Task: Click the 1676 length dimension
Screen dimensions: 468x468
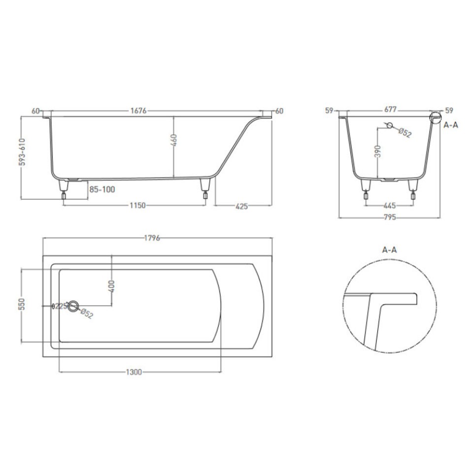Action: pyautogui.click(x=138, y=111)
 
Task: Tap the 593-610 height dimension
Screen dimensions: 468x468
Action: pyautogui.click(x=22, y=152)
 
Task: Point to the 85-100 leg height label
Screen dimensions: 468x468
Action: pyautogui.click(x=102, y=190)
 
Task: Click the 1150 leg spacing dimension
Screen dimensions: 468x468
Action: pyautogui.click(x=137, y=205)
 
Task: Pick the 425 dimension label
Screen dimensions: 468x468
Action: pyautogui.click(x=241, y=206)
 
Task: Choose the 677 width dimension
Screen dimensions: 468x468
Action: pyautogui.click(x=390, y=110)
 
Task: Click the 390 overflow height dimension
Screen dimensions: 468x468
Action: pyautogui.click(x=378, y=151)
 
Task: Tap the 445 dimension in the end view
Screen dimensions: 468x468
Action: pyautogui.click(x=390, y=205)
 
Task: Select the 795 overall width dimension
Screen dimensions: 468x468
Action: pyautogui.click(x=390, y=217)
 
